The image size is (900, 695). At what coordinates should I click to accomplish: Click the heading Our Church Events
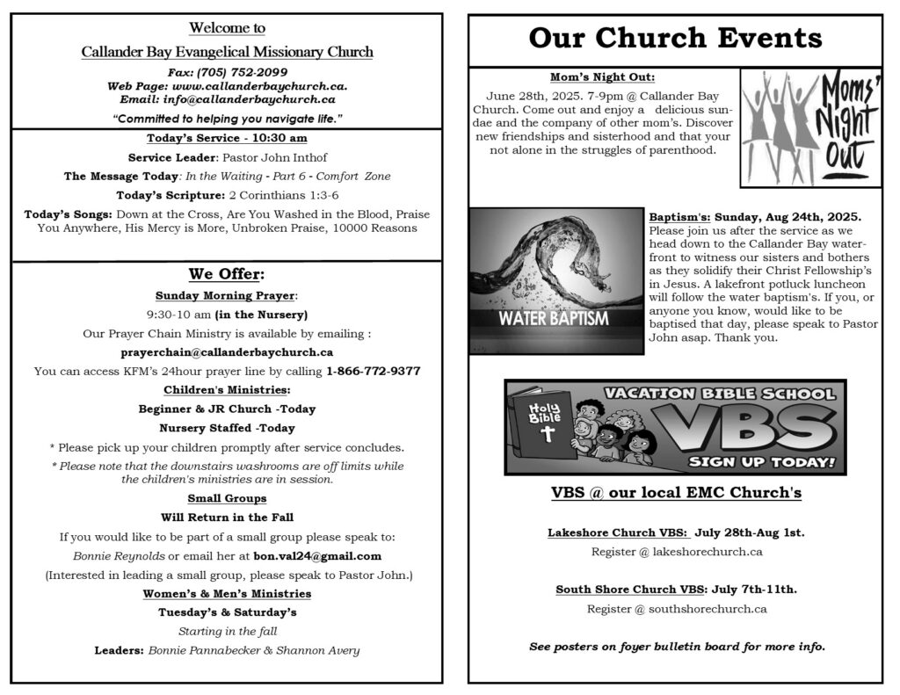click(675, 39)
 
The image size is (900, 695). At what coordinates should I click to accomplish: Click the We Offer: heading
click(227, 274)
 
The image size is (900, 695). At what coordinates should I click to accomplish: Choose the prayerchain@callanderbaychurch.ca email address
click(227, 352)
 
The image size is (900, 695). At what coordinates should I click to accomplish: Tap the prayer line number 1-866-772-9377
click(373, 371)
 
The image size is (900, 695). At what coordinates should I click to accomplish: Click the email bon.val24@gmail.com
click(317, 556)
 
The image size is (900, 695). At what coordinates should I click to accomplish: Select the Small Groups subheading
click(227, 499)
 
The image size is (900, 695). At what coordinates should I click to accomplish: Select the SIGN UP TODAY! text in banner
click(761, 461)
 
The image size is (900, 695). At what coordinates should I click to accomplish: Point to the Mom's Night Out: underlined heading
click(602, 77)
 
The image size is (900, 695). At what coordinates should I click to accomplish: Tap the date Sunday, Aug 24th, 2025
click(788, 216)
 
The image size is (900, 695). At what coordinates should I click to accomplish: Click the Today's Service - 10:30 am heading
click(227, 139)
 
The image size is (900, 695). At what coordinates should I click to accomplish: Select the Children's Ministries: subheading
click(227, 390)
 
